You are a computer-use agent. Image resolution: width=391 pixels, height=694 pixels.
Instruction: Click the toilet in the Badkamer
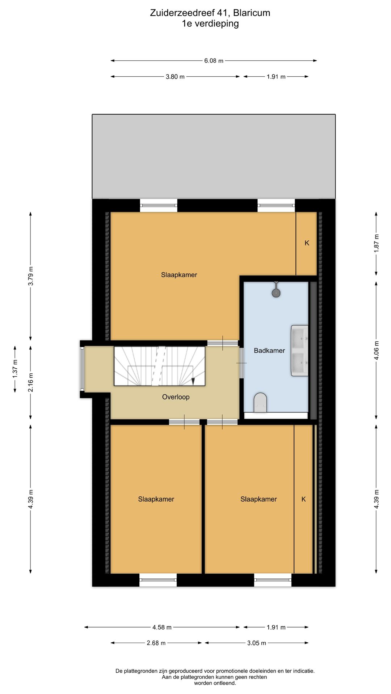[260, 402]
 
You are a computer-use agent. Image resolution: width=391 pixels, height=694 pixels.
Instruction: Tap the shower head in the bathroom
[276, 292]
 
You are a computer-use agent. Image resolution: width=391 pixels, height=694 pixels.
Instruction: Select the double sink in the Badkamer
[300, 351]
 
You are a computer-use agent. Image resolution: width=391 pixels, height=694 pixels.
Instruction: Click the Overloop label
[176, 397]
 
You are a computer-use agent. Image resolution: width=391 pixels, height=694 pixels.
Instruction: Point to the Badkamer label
[269, 350]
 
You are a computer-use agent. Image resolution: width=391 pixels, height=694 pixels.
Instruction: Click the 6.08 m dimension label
[214, 61]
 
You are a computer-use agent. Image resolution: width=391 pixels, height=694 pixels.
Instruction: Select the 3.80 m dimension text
[175, 77]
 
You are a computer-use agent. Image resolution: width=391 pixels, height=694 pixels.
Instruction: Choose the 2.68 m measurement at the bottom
[156, 643]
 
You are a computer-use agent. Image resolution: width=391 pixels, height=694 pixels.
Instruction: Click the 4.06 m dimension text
[376, 350]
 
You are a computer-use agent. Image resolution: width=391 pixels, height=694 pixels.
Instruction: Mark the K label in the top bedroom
[307, 243]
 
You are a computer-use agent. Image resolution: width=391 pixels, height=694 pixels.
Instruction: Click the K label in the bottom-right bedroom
[303, 499]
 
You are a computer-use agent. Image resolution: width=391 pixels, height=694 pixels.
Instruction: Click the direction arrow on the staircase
[193, 381]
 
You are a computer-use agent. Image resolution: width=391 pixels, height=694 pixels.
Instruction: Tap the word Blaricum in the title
[251, 13]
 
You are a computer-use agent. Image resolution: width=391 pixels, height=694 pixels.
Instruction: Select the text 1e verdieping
[210, 24]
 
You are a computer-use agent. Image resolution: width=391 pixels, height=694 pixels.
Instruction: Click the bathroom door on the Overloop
[241, 363]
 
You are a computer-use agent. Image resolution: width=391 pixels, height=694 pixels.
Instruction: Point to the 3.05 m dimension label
[256, 643]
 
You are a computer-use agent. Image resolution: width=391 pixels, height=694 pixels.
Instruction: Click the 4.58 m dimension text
[162, 627]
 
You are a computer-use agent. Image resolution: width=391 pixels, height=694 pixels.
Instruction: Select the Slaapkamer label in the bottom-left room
[156, 499]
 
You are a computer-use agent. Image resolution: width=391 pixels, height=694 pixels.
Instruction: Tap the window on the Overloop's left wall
[83, 369]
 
